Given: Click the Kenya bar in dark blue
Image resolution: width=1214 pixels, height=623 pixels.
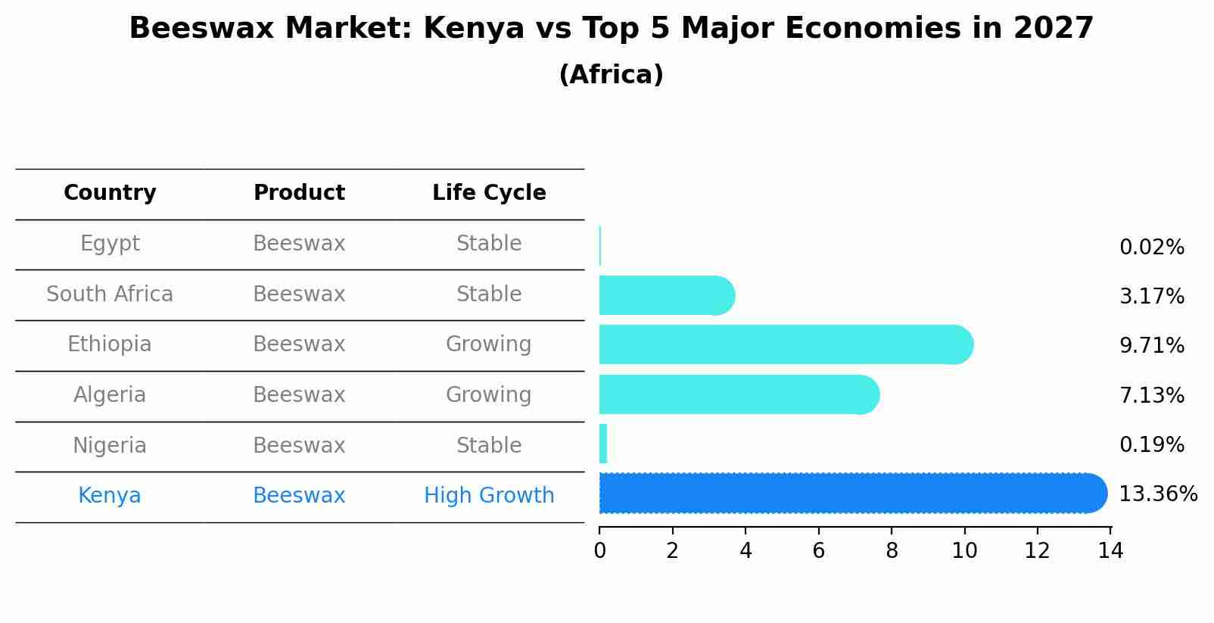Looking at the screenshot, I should pyautogui.click(x=851, y=494).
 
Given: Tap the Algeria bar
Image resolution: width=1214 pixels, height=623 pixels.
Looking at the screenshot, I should pyautogui.click(x=738, y=394).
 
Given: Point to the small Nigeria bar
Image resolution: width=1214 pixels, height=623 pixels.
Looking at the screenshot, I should pyautogui.click(x=603, y=444).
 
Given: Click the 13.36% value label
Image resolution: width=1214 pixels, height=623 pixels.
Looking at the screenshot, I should pyautogui.click(x=1157, y=494).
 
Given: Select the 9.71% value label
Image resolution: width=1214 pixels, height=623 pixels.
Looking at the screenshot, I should pyautogui.click(x=1151, y=346).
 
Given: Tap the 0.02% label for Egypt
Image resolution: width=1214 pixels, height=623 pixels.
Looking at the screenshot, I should pyautogui.click(x=1151, y=248).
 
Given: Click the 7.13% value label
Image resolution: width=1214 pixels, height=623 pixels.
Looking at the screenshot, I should pyautogui.click(x=1151, y=395).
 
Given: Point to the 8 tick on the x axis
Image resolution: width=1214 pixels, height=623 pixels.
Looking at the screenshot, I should pyautogui.click(x=892, y=551).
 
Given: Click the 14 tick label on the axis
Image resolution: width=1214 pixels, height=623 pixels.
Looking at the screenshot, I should pyautogui.click(x=1110, y=551).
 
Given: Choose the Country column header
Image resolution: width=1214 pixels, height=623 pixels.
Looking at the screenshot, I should pyautogui.click(x=110, y=193).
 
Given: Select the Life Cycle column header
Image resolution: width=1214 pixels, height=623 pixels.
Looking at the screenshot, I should pyautogui.click(x=489, y=193).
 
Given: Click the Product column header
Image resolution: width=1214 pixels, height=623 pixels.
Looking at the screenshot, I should pyautogui.click(x=299, y=193).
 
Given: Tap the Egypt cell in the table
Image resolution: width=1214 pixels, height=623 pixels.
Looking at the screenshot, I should pyautogui.click(x=110, y=244).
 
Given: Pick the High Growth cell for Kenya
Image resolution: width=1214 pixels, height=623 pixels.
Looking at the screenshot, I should pyautogui.click(x=489, y=496).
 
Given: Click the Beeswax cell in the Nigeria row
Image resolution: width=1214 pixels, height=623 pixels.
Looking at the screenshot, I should pyautogui.click(x=299, y=445).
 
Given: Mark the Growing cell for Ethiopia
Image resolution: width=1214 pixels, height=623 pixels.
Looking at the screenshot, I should pyautogui.click(x=489, y=344).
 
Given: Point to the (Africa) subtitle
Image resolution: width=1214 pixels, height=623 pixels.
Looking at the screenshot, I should pyautogui.click(x=611, y=75).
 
